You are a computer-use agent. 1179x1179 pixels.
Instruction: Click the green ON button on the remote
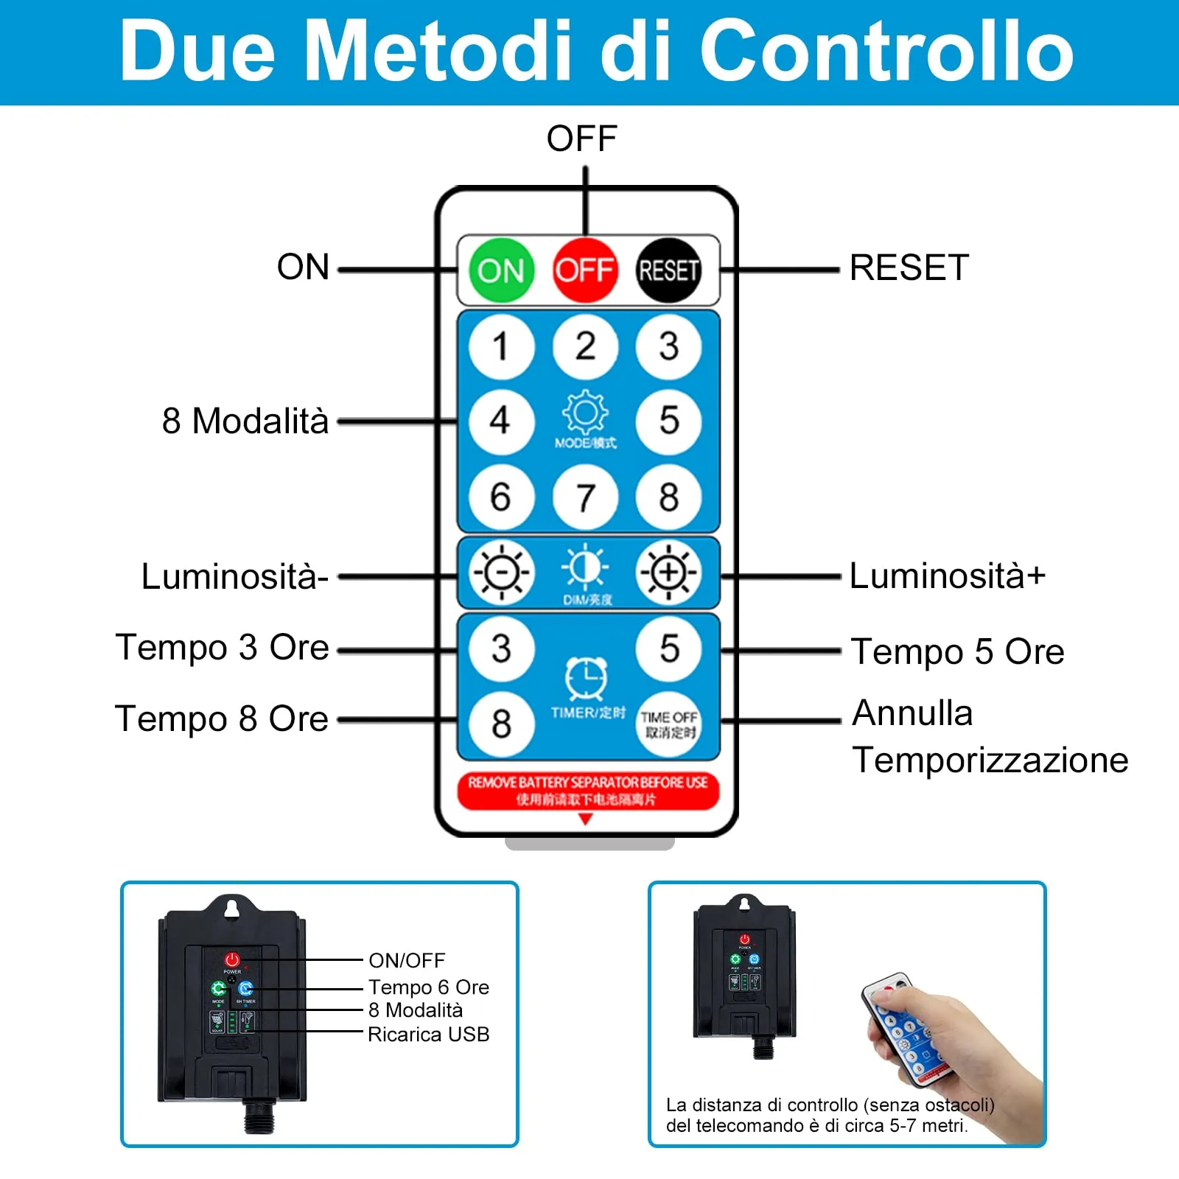(501, 270)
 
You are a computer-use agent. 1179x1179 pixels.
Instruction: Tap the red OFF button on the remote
(585, 270)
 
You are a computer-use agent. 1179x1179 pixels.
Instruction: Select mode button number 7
(585, 497)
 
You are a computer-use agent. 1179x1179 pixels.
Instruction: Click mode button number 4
(501, 421)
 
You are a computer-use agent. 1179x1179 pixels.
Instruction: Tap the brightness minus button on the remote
(501, 573)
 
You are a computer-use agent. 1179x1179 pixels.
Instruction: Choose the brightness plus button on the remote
(668, 573)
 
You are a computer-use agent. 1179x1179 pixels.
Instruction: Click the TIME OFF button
(668, 724)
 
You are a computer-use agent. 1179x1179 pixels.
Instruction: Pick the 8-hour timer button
(501, 724)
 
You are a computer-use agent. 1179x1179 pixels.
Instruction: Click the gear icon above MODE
(585, 413)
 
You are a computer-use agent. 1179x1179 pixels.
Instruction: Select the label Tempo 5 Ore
(957, 652)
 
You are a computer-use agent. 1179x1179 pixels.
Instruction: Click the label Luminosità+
(947, 575)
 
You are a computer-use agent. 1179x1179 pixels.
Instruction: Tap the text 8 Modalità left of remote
(245, 421)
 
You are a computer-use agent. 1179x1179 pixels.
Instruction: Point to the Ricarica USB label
(428, 1035)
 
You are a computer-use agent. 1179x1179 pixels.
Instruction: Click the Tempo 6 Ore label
(428, 987)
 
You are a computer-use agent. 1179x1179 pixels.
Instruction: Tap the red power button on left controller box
(232, 959)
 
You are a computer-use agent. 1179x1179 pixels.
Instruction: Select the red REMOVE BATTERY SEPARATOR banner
(587, 791)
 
